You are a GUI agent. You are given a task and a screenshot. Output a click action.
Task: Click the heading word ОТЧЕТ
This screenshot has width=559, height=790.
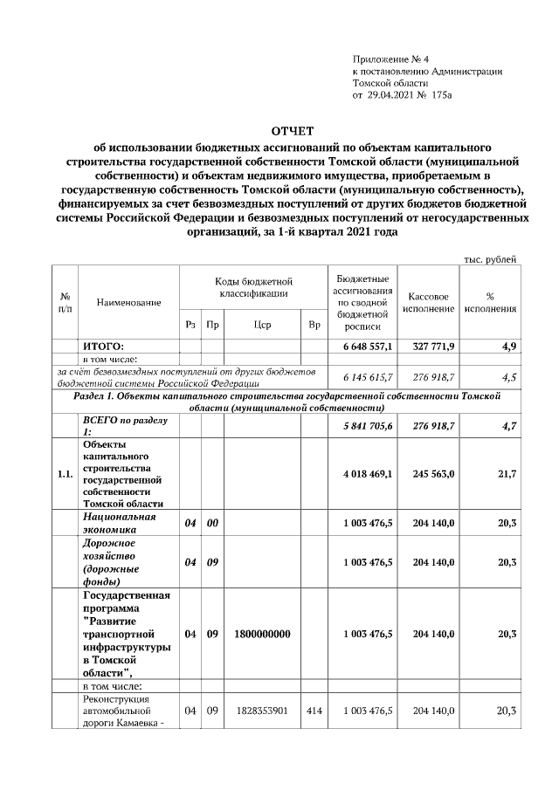(288, 130)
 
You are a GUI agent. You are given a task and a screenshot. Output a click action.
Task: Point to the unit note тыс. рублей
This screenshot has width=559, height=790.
(489, 258)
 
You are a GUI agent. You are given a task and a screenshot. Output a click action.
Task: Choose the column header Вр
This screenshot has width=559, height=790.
(314, 325)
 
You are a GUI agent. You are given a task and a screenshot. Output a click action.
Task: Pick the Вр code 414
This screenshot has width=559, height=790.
(314, 711)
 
